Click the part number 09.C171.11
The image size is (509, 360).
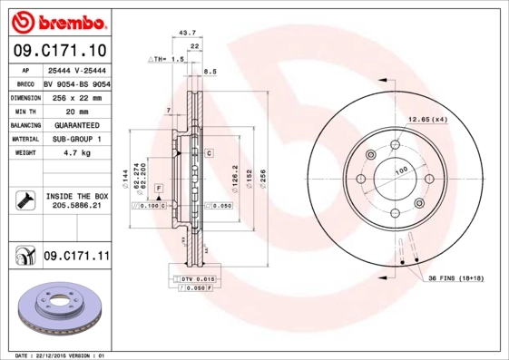[75, 258]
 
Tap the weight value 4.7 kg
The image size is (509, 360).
[73, 153]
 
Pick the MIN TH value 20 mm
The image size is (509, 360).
[73, 110]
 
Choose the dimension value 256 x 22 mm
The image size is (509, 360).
[75, 95]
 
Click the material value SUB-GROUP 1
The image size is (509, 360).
[75, 139]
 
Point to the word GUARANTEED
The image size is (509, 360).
[75, 124]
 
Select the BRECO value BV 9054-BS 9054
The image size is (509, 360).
[75, 82]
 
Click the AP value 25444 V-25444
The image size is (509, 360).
[75, 68]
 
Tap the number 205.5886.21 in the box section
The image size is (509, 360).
[75, 207]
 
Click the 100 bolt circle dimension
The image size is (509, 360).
[398, 171]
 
